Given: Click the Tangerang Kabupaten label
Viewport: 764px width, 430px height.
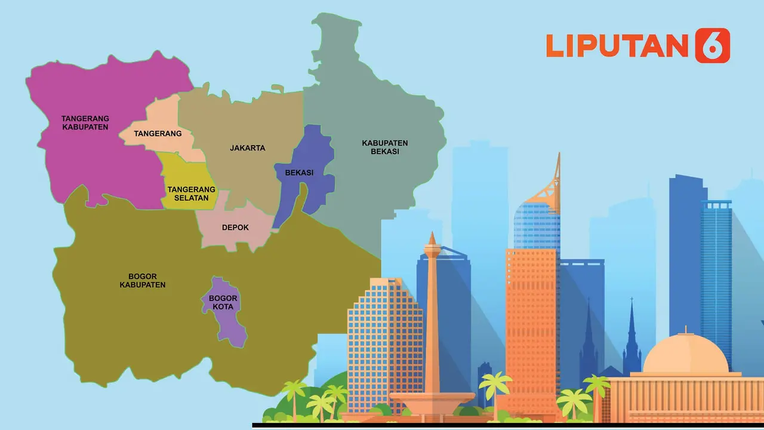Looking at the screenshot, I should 85,122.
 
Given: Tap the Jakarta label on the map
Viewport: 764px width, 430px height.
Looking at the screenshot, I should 247,148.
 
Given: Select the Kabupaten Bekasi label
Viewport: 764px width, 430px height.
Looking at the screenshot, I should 384,147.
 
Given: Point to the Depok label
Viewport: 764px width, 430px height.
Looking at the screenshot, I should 235,228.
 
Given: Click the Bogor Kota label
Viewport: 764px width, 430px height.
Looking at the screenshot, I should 224,303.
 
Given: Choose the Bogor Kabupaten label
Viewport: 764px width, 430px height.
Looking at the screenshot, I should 142,281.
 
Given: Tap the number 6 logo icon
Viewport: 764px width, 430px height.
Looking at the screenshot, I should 712,45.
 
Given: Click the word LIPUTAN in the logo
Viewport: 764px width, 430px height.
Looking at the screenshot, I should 617,46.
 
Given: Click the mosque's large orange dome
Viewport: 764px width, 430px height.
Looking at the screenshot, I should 685,355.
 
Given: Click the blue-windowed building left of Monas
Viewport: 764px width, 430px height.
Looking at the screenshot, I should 382,340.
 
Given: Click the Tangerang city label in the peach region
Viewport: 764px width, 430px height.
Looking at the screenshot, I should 158,134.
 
